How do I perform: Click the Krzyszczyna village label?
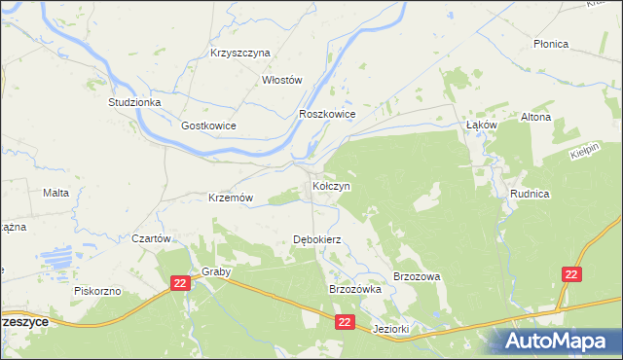click(x=239, y=53)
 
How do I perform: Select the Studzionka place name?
click(x=134, y=101)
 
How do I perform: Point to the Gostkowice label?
click(x=208, y=126)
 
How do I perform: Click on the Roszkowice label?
click(x=327, y=114)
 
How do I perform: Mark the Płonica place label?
click(x=551, y=45)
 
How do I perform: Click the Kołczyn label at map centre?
click(x=331, y=185)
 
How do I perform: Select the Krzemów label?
click(x=231, y=198)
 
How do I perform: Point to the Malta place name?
click(x=55, y=193)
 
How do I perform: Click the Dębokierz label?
click(x=316, y=239)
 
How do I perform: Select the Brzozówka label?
click(x=354, y=290)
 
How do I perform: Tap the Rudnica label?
click(x=530, y=195)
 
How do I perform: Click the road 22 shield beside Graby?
click(x=178, y=282)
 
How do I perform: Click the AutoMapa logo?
click(x=560, y=341)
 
